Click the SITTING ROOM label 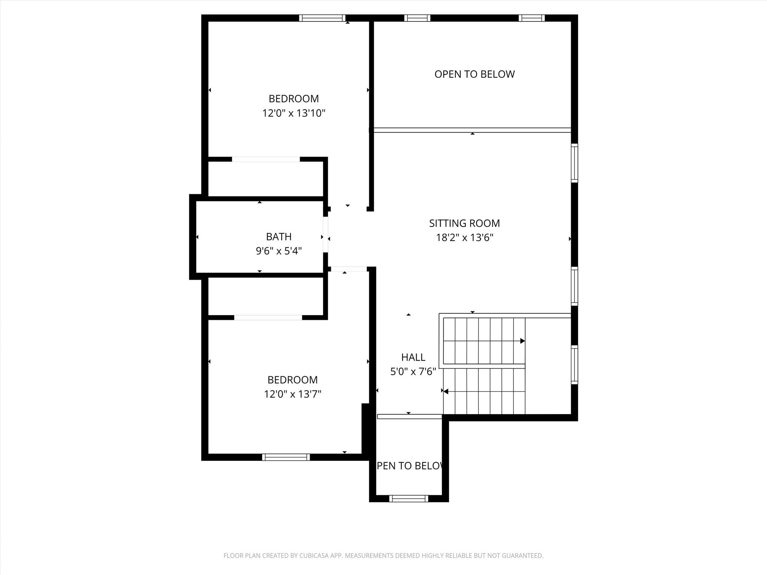(464, 223)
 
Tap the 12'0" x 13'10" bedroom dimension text (294, 113)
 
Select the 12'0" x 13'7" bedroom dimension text (292, 394)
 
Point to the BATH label (279, 237)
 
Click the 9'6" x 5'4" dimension (279, 251)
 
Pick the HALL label (413, 357)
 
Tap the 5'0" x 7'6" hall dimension (413, 372)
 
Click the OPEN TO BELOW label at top (475, 74)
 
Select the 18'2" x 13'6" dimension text (464, 238)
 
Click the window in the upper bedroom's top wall (322, 18)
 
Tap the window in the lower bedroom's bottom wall (286, 457)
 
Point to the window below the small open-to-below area (409, 499)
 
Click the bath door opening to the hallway (325, 235)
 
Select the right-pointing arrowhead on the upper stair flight (522, 341)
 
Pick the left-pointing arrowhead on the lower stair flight (446, 392)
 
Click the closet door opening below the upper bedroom (266, 159)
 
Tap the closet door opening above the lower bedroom (268, 317)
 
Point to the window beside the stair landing (574, 365)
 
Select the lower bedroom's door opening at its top (349, 269)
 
